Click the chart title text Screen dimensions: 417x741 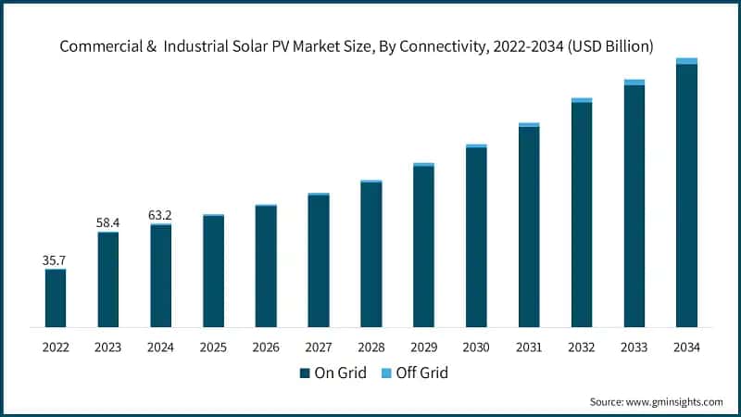click(x=370, y=46)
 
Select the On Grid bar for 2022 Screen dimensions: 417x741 click(x=56, y=298)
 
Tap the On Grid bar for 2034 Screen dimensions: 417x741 click(x=686, y=196)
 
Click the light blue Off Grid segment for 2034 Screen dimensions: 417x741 click(x=686, y=61)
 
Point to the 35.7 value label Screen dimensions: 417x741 click(x=56, y=260)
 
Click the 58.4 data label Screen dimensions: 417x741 click(x=108, y=223)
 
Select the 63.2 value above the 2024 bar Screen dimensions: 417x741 click(x=160, y=215)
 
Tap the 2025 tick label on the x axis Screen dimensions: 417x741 click(x=213, y=347)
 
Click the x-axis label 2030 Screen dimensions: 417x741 click(x=476, y=347)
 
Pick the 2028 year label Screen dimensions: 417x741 click(x=371, y=347)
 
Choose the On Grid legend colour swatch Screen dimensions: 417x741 click(x=304, y=373)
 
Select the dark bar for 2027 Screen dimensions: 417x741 click(x=319, y=261)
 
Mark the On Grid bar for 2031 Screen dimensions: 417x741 click(x=529, y=227)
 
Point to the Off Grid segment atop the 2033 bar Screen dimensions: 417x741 click(x=634, y=82)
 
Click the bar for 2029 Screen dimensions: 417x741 click(x=423, y=246)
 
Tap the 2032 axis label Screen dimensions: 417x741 click(x=582, y=347)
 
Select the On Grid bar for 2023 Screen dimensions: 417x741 click(x=108, y=280)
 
